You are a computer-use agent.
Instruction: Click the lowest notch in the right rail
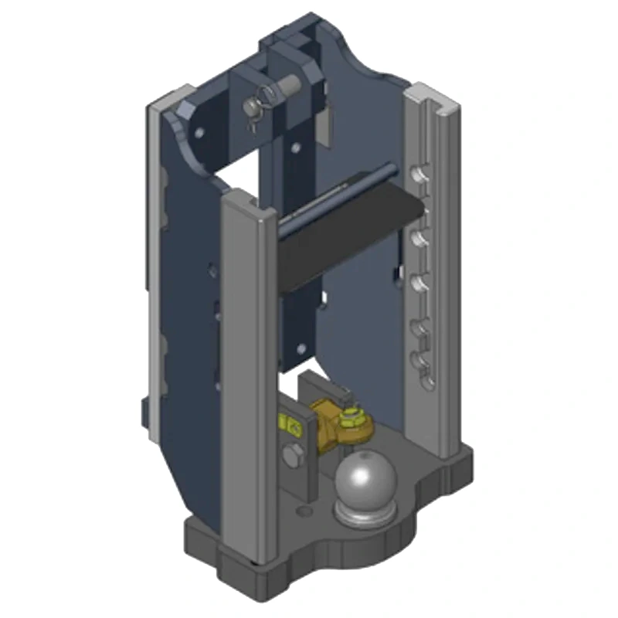tap(421, 362)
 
